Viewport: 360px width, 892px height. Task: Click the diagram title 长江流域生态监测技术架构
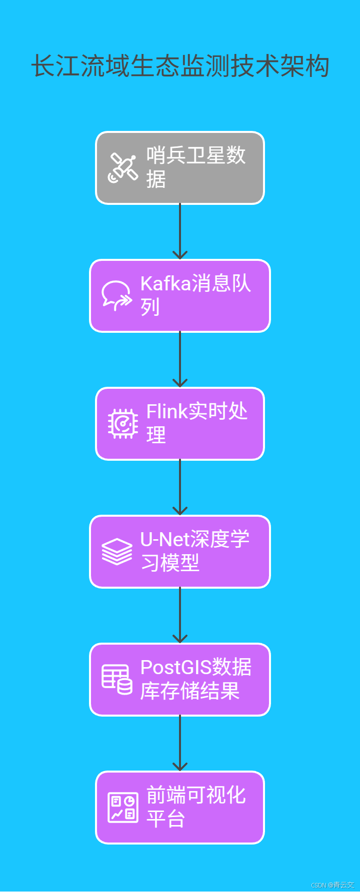[x=180, y=66]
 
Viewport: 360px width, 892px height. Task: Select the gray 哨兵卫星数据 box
[x=180, y=168]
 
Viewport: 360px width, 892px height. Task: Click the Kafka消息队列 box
[x=180, y=296]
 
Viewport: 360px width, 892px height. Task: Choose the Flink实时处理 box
[x=180, y=424]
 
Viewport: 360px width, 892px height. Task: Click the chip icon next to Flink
[x=122, y=424]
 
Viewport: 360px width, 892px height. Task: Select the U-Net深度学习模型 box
[x=180, y=552]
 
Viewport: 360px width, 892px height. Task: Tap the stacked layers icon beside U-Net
[x=117, y=552]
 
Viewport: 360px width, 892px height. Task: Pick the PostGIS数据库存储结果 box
[x=180, y=680]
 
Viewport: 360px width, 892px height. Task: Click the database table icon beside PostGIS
[x=117, y=680]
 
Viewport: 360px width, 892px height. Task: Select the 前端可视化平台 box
[x=180, y=808]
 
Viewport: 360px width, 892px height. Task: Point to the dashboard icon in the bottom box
[x=122, y=808]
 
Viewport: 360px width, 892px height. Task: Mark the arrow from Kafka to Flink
[x=180, y=359]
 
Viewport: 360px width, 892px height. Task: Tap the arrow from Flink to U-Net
[x=180, y=487]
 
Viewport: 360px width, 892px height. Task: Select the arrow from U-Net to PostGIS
[x=180, y=615]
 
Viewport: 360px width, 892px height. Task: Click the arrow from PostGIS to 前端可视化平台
[x=180, y=743]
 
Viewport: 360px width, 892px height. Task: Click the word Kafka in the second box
[x=165, y=284]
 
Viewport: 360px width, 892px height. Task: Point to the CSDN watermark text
[x=332, y=885]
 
